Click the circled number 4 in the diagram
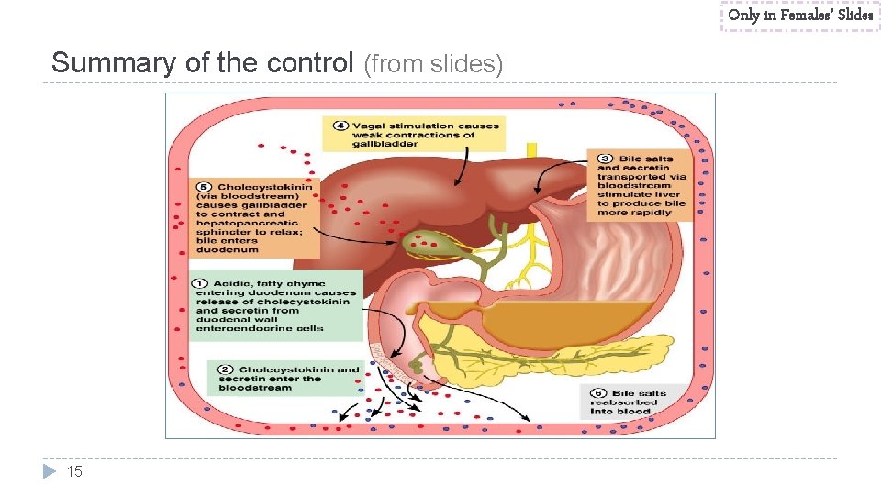[x=340, y=126]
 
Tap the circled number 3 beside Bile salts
[x=604, y=159]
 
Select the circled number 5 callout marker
[x=203, y=187]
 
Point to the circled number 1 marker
[x=201, y=283]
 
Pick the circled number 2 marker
[x=224, y=369]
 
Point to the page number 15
[x=75, y=471]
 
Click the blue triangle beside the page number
[x=50, y=471]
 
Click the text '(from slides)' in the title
[x=433, y=64]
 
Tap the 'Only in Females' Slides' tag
[x=800, y=15]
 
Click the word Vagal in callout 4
[x=372, y=126]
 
